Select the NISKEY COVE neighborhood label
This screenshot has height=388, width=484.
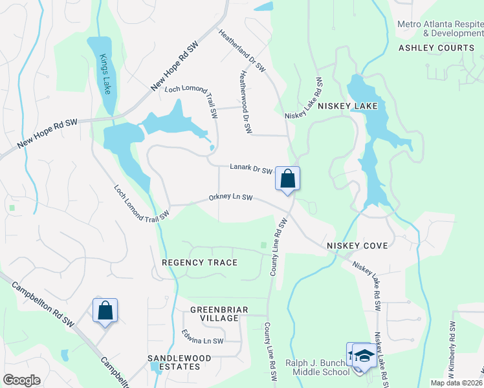(x=357, y=246)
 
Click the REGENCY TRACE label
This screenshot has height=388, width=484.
(x=199, y=263)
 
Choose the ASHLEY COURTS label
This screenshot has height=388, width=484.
(x=436, y=48)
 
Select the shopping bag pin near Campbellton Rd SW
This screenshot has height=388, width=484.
(x=105, y=311)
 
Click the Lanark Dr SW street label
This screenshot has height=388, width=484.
(x=250, y=168)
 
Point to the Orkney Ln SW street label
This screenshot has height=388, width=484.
(x=230, y=198)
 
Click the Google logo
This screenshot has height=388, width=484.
(x=21, y=380)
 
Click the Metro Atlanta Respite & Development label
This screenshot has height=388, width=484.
(x=440, y=28)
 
